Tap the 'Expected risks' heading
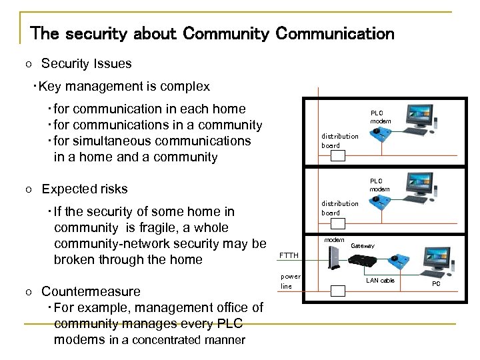click(84, 189)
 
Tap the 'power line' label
click(290, 280)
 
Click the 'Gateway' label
click(363, 246)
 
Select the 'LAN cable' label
click(381, 281)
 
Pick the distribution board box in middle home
click(338, 223)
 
